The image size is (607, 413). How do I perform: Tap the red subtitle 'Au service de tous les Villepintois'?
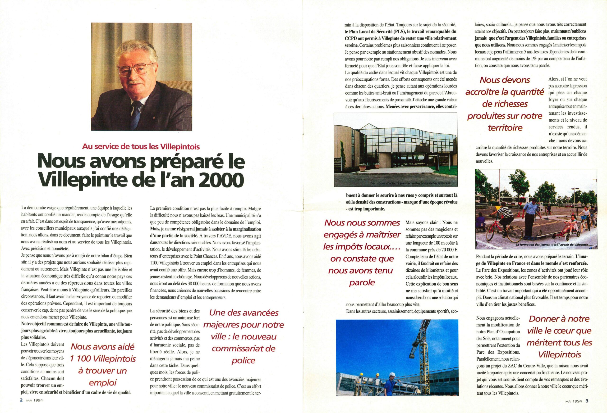141,147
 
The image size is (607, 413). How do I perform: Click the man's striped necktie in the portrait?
137,113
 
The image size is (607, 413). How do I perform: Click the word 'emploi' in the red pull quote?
103,383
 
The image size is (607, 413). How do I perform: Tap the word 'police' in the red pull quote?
243,361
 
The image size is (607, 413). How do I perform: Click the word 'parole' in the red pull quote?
362,282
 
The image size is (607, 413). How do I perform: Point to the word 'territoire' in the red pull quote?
505,128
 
